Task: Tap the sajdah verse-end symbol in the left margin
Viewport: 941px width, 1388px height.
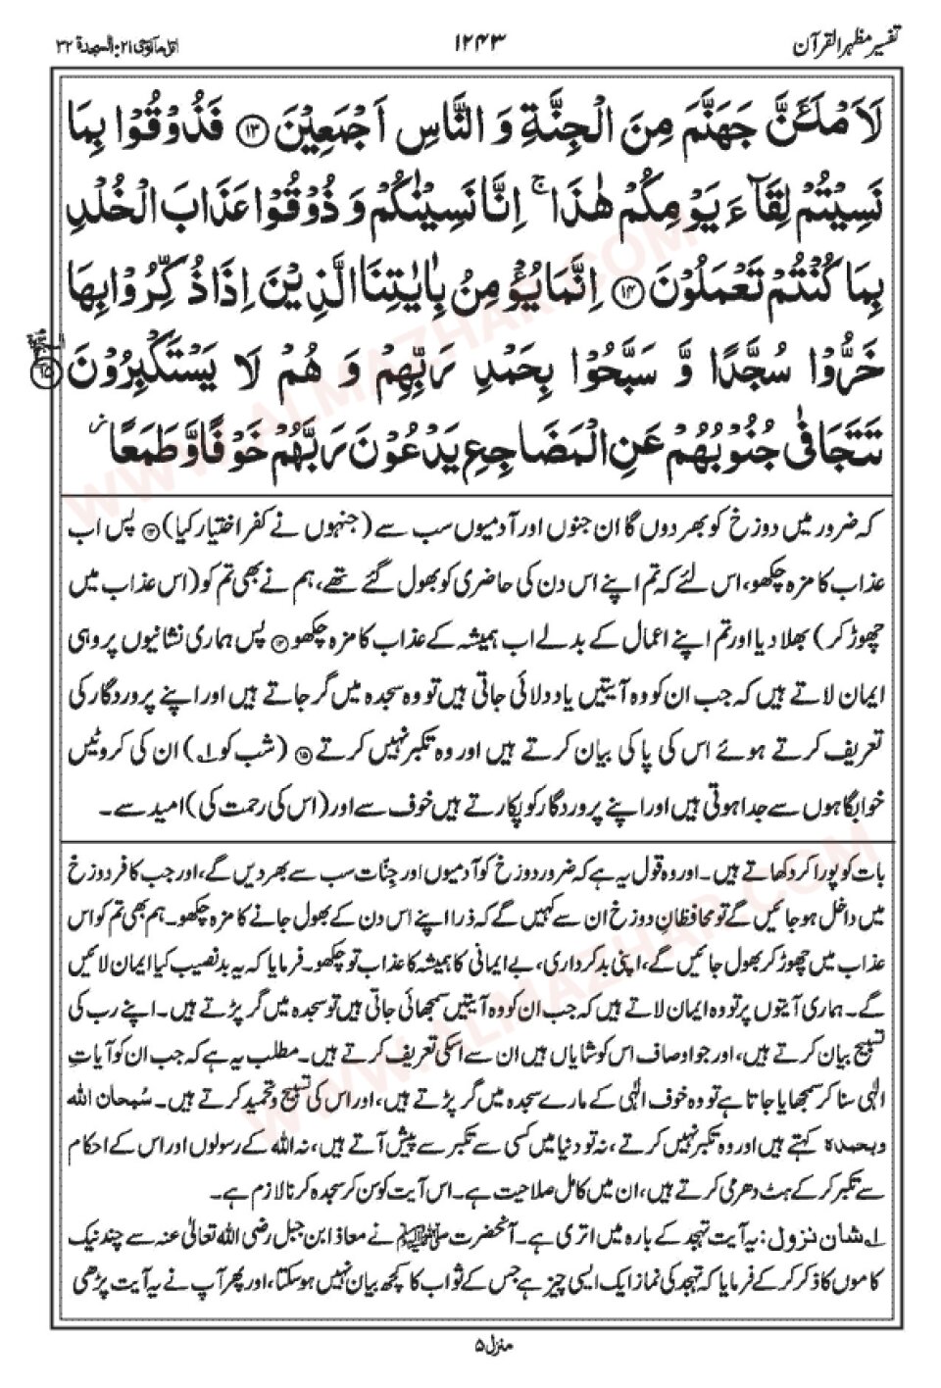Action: [42, 369]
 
